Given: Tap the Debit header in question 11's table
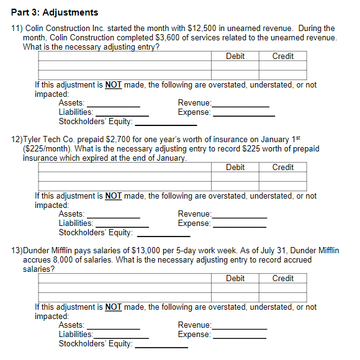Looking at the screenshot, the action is (x=235, y=56).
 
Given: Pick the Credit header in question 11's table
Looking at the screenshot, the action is (x=283, y=56).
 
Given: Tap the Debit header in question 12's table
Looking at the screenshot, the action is (x=235, y=168).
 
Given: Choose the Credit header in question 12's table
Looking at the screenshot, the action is (x=283, y=168).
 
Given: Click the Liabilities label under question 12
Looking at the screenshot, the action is (x=76, y=223).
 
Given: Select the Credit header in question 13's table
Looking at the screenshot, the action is (x=283, y=279).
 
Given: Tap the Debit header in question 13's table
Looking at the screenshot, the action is (x=235, y=279).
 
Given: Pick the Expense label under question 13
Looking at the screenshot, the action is (x=194, y=335).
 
